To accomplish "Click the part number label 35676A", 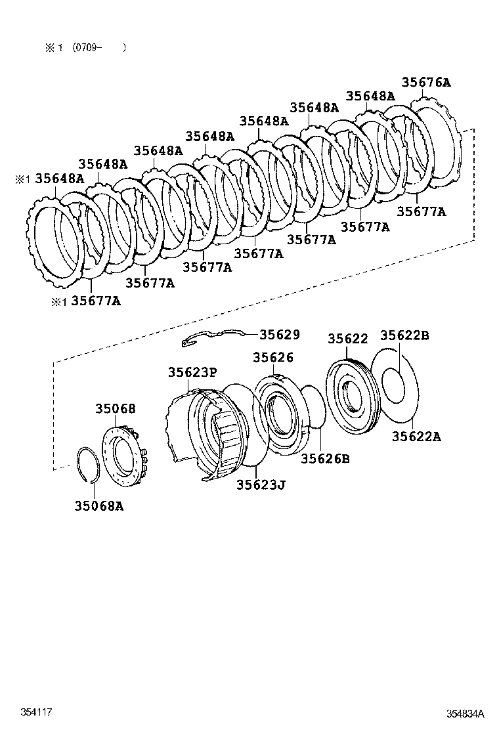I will [426, 83].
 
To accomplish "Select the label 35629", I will [279, 335].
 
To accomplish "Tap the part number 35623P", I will [192, 372].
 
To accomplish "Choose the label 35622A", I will [416, 436].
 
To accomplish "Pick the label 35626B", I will [325, 458].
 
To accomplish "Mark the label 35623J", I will [261, 485].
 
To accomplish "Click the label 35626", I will [273, 357].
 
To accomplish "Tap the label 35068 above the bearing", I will [115, 408].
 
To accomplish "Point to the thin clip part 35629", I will [210, 337].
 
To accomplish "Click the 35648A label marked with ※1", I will [59, 179].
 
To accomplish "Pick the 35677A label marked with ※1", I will [96, 301].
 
